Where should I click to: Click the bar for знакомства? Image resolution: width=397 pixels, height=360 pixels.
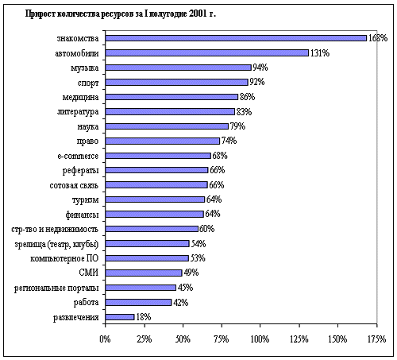236,38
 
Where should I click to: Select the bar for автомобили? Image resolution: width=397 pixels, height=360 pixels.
207,53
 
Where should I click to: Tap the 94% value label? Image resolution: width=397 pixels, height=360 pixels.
260,68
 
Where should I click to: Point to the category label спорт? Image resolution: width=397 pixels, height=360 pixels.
88,83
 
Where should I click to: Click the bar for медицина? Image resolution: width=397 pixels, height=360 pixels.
172,97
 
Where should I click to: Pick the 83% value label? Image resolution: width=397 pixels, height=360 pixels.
244,112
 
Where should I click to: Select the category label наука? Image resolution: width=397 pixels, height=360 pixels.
88,126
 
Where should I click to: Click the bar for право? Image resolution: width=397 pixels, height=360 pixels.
163,141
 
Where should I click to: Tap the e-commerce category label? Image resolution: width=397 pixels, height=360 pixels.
78,156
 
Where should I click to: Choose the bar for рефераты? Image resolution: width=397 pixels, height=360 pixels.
156,170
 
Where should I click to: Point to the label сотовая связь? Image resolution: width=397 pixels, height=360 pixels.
74,185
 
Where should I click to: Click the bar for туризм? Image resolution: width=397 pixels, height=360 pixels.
155,199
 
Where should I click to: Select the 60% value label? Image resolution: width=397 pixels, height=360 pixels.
206,229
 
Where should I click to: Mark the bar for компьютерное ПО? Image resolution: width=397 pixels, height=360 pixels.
147,258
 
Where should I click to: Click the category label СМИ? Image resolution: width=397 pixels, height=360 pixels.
89,273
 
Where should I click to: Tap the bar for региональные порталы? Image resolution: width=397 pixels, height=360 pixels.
141,288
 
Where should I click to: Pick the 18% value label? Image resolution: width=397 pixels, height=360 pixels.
143,317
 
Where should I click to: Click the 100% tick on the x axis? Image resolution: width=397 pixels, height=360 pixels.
260,339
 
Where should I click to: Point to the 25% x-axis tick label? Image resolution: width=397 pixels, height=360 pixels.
145,339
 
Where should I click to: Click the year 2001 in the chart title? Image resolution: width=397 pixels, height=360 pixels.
198,14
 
